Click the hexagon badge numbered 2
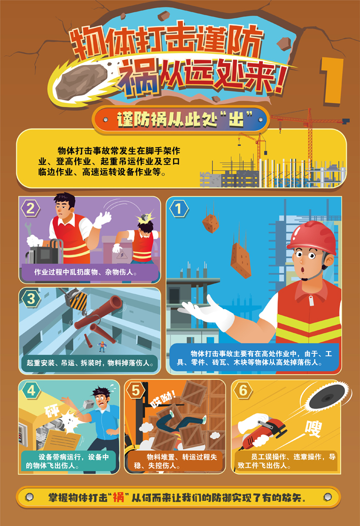tap(30, 209)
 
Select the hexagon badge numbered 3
tap(31, 298)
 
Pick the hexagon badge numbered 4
tap(31, 390)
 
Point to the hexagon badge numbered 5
tap(136, 390)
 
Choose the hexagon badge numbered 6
tap(243, 390)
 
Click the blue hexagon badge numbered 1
tap(179, 209)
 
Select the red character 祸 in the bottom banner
tap(118, 497)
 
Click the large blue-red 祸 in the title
tap(138, 79)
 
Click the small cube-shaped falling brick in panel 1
tap(211, 224)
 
